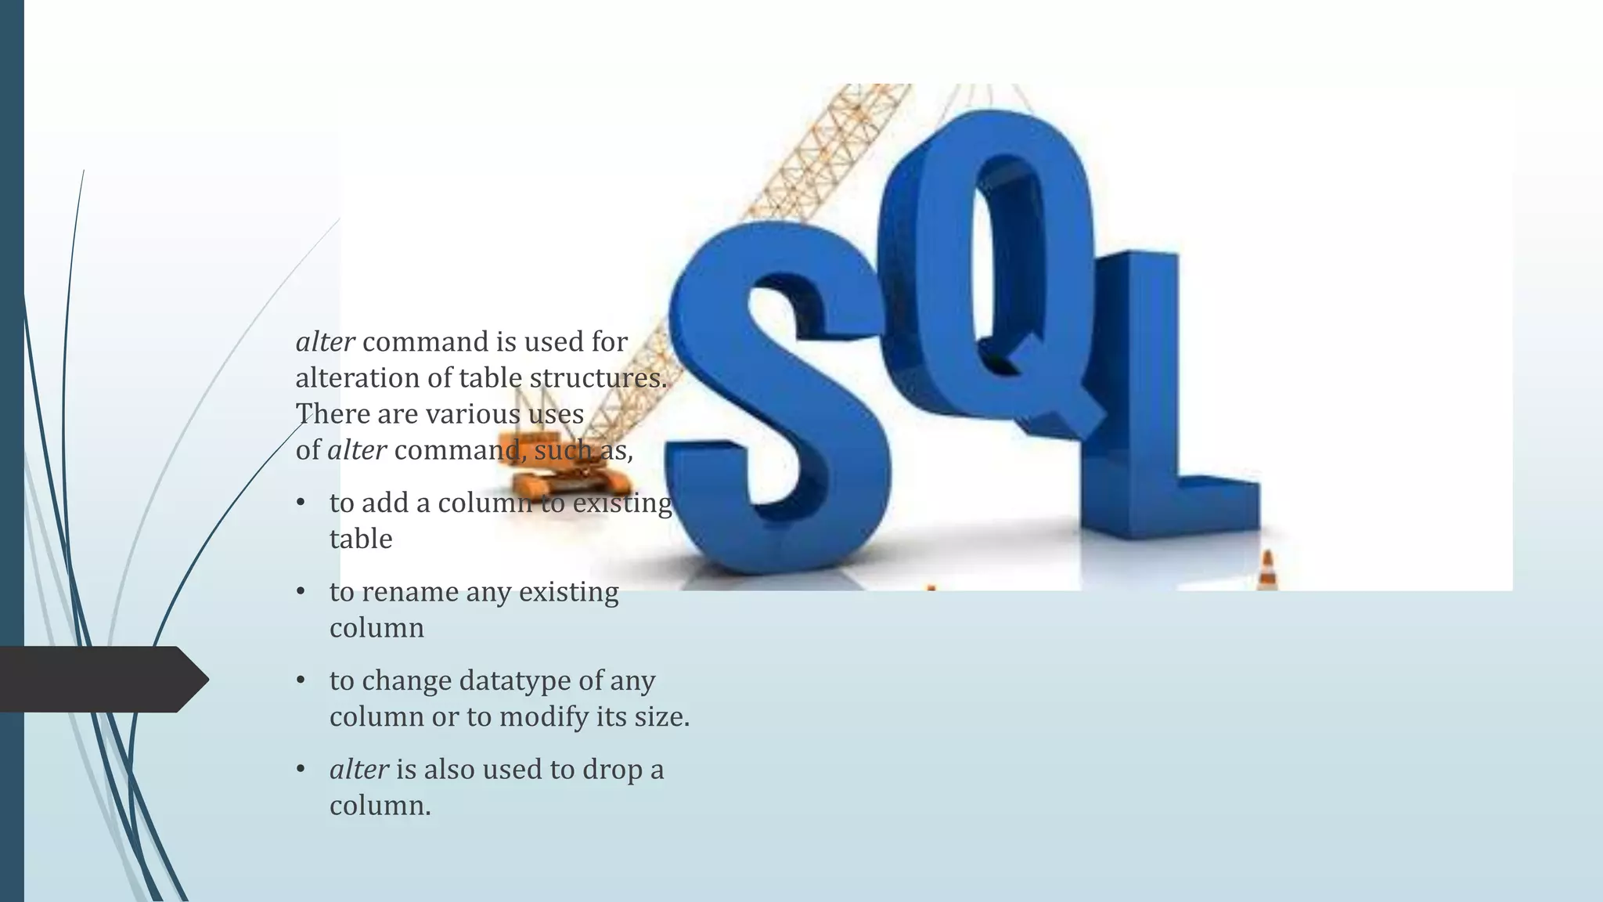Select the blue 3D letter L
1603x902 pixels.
click(x=1151, y=438)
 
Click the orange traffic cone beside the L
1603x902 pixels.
click(x=1267, y=572)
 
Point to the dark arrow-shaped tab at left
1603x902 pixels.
click(x=102, y=679)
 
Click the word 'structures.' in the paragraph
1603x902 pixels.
click(x=598, y=378)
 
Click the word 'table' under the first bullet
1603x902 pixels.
click(x=361, y=539)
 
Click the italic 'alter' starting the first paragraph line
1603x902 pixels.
click(x=325, y=342)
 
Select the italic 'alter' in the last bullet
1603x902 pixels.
click(x=358, y=770)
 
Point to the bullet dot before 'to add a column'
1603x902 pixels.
click(x=301, y=503)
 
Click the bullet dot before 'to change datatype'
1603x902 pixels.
click(x=301, y=680)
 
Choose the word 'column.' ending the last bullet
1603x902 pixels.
click(x=380, y=806)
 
